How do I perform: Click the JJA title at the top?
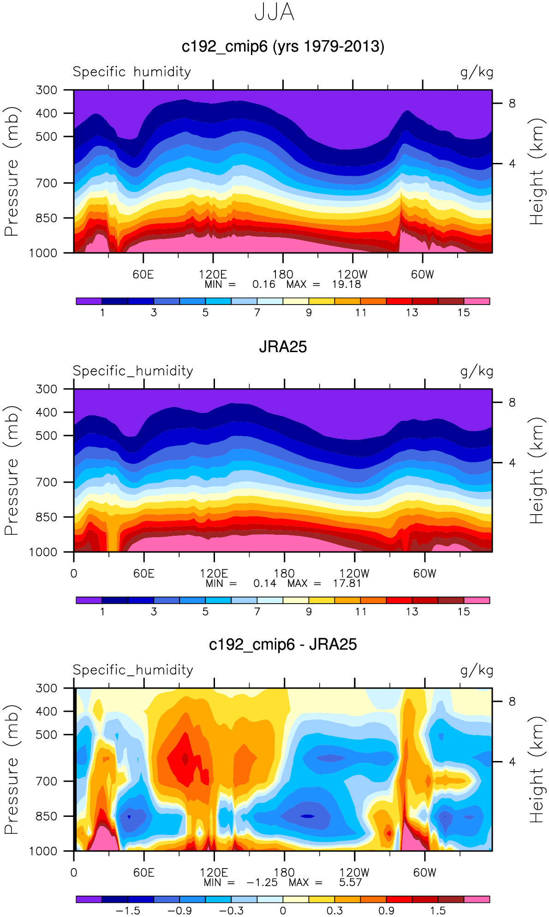(274, 12)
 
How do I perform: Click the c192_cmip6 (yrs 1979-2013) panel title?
(283, 47)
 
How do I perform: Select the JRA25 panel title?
(283, 347)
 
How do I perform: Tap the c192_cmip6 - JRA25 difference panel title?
(283, 644)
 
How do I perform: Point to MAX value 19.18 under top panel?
(346, 284)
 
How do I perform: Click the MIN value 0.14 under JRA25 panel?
(265, 583)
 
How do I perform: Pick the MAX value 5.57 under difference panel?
(351, 882)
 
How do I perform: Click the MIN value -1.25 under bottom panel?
(262, 882)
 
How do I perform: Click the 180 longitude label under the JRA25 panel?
(284, 574)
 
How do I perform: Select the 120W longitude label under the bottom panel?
(354, 873)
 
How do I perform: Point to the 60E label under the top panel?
(143, 275)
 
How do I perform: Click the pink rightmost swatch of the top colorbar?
(477, 301)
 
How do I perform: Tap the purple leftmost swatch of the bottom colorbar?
(89, 899)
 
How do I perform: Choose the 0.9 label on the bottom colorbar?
(386, 911)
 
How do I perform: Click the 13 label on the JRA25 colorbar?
(412, 611)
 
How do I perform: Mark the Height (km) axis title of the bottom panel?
(537, 769)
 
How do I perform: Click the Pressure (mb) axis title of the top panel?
(12, 171)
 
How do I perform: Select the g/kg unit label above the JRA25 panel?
(477, 371)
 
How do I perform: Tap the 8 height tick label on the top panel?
(512, 103)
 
